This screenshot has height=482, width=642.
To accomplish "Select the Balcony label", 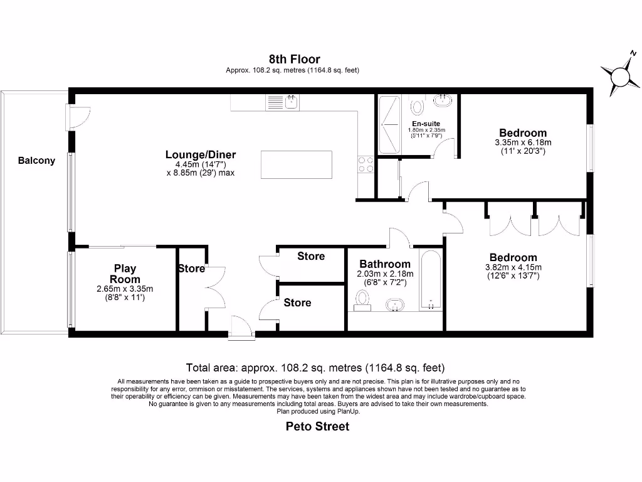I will (x=36, y=161).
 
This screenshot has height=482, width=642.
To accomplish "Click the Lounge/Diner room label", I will (x=201, y=155).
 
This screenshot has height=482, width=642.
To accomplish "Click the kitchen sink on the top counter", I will (x=283, y=102).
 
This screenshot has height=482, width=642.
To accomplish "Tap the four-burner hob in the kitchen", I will (x=366, y=164).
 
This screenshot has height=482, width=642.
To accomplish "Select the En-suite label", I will (x=426, y=124).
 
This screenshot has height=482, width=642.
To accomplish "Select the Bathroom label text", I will (x=385, y=264).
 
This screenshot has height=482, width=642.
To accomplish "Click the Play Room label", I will (x=125, y=274).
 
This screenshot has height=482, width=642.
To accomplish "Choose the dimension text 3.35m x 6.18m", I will (x=523, y=142).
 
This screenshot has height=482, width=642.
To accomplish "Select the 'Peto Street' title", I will (x=317, y=427).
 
